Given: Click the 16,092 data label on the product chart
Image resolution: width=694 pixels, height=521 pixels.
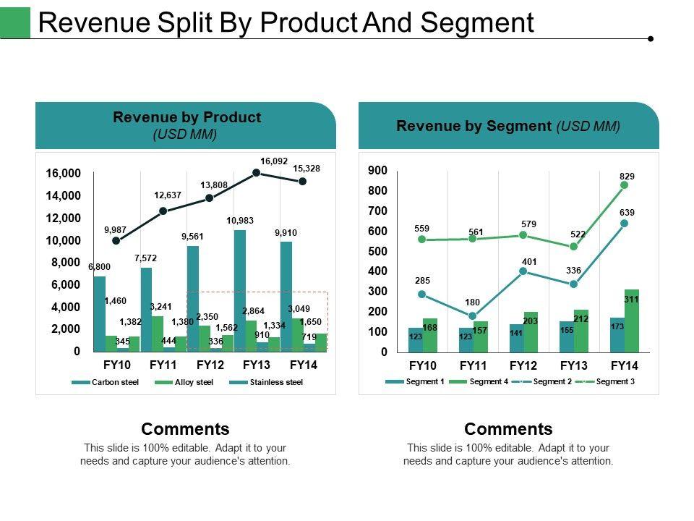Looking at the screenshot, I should [x=274, y=161].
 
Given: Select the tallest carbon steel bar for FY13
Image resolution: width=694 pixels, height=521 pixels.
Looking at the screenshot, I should [x=240, y=290].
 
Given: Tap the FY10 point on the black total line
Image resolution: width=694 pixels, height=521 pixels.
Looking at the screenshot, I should [x=116, y=240].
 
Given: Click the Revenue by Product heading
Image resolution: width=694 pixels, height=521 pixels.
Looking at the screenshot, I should [x=187, y=117].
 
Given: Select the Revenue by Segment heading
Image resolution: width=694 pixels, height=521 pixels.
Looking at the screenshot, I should [x=475, y=126].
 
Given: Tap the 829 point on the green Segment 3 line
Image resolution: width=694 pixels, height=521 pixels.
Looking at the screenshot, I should [x=625, y=185].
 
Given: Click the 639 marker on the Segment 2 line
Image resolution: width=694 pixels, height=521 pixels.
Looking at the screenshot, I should [x=625, y=224].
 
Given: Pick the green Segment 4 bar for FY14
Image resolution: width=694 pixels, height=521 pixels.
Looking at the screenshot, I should [x=632, y=321].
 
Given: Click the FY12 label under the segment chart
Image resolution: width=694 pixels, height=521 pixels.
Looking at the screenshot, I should [x=523, y=366].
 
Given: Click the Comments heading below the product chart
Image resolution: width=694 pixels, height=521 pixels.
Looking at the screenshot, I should [x=185, y=428].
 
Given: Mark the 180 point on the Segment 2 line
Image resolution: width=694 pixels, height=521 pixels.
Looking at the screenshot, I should [x=473, y=316].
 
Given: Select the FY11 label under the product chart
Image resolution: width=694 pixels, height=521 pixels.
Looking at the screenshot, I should [x=164, y=365].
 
